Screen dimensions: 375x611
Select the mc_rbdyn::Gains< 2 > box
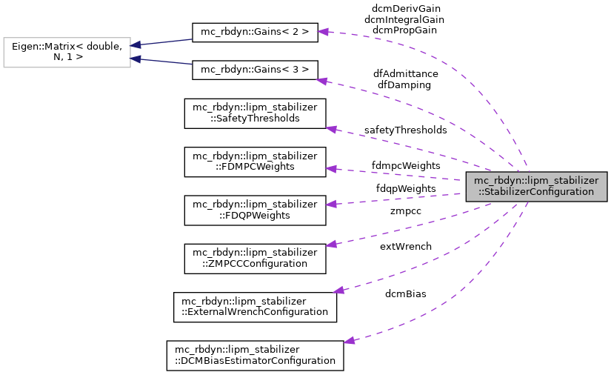click(x=255, y=32)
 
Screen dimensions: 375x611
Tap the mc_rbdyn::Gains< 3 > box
click(x=255, y=70)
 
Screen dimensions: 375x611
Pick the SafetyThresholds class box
click(x=255, y=113)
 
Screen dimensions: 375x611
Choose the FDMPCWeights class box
click(x=255, y=161)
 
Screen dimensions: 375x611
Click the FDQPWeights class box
click(x=255, y=210)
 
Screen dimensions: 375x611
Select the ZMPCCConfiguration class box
click(x=255, y=258)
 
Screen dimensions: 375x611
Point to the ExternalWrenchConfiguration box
click(x=255, y=306)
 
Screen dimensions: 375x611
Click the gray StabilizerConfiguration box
click(x=536, y=186)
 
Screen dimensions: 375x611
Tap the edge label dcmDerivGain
click(x=406, y=8)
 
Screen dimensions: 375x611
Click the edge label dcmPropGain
click(x=404, y=30)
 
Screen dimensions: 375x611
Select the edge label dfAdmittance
click(x=406, y=73)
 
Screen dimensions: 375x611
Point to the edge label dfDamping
click(x=404, y=84)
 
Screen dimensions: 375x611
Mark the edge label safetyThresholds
click(x=405, y=130)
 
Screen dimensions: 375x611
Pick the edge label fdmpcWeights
click(x=406, y=165)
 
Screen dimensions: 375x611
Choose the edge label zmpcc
click(x=406, y=211)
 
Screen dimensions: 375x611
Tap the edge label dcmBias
click(x=406, y=293)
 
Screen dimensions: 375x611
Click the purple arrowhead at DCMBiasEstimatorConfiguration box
click(x=350, y=341)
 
